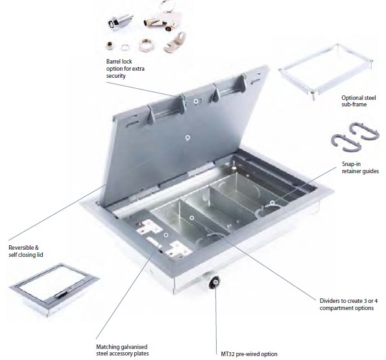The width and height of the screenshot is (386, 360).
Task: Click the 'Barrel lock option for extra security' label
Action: [x=125, y=68]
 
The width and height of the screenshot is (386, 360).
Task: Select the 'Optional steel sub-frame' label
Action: [x=358, y=101]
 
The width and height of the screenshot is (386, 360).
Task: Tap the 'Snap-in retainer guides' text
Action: [x=360, y=167]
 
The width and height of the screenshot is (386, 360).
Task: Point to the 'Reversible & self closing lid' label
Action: [x=25, y=251]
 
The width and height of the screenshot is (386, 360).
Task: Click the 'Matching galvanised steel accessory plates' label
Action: [x=123, y=350]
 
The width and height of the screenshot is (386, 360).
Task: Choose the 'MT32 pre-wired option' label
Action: [x=249, y=354]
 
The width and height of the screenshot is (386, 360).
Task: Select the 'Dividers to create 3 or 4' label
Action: [x=348, y=301]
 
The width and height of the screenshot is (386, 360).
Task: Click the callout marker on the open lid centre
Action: [x=187, y=138]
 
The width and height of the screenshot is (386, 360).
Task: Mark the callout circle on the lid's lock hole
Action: [x=196, y=101]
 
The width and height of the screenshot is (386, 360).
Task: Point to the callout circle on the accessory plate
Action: [x=166, y=235]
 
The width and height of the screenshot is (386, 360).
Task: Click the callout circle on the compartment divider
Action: [x=192, y=218]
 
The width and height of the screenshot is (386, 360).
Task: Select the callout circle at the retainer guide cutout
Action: [x=272, y=202]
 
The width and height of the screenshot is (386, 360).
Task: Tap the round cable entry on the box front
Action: [x=215, y=283]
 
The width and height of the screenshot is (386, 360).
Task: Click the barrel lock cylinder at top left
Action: [x=119, y=22]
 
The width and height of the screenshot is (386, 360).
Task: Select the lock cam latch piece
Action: [x=175, y=42]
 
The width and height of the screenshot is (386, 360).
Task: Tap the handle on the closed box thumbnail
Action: [x=62, y=294]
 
